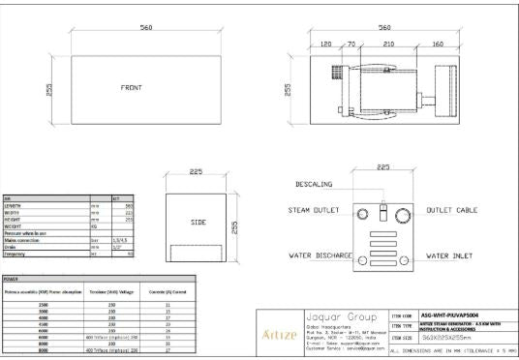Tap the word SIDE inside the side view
point(198,222)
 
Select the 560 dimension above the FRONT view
point(146,28)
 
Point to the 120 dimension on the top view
point(327,44)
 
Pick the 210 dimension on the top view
point(388,44)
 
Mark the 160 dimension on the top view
point(438,44)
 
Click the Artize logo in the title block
point(279,334)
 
